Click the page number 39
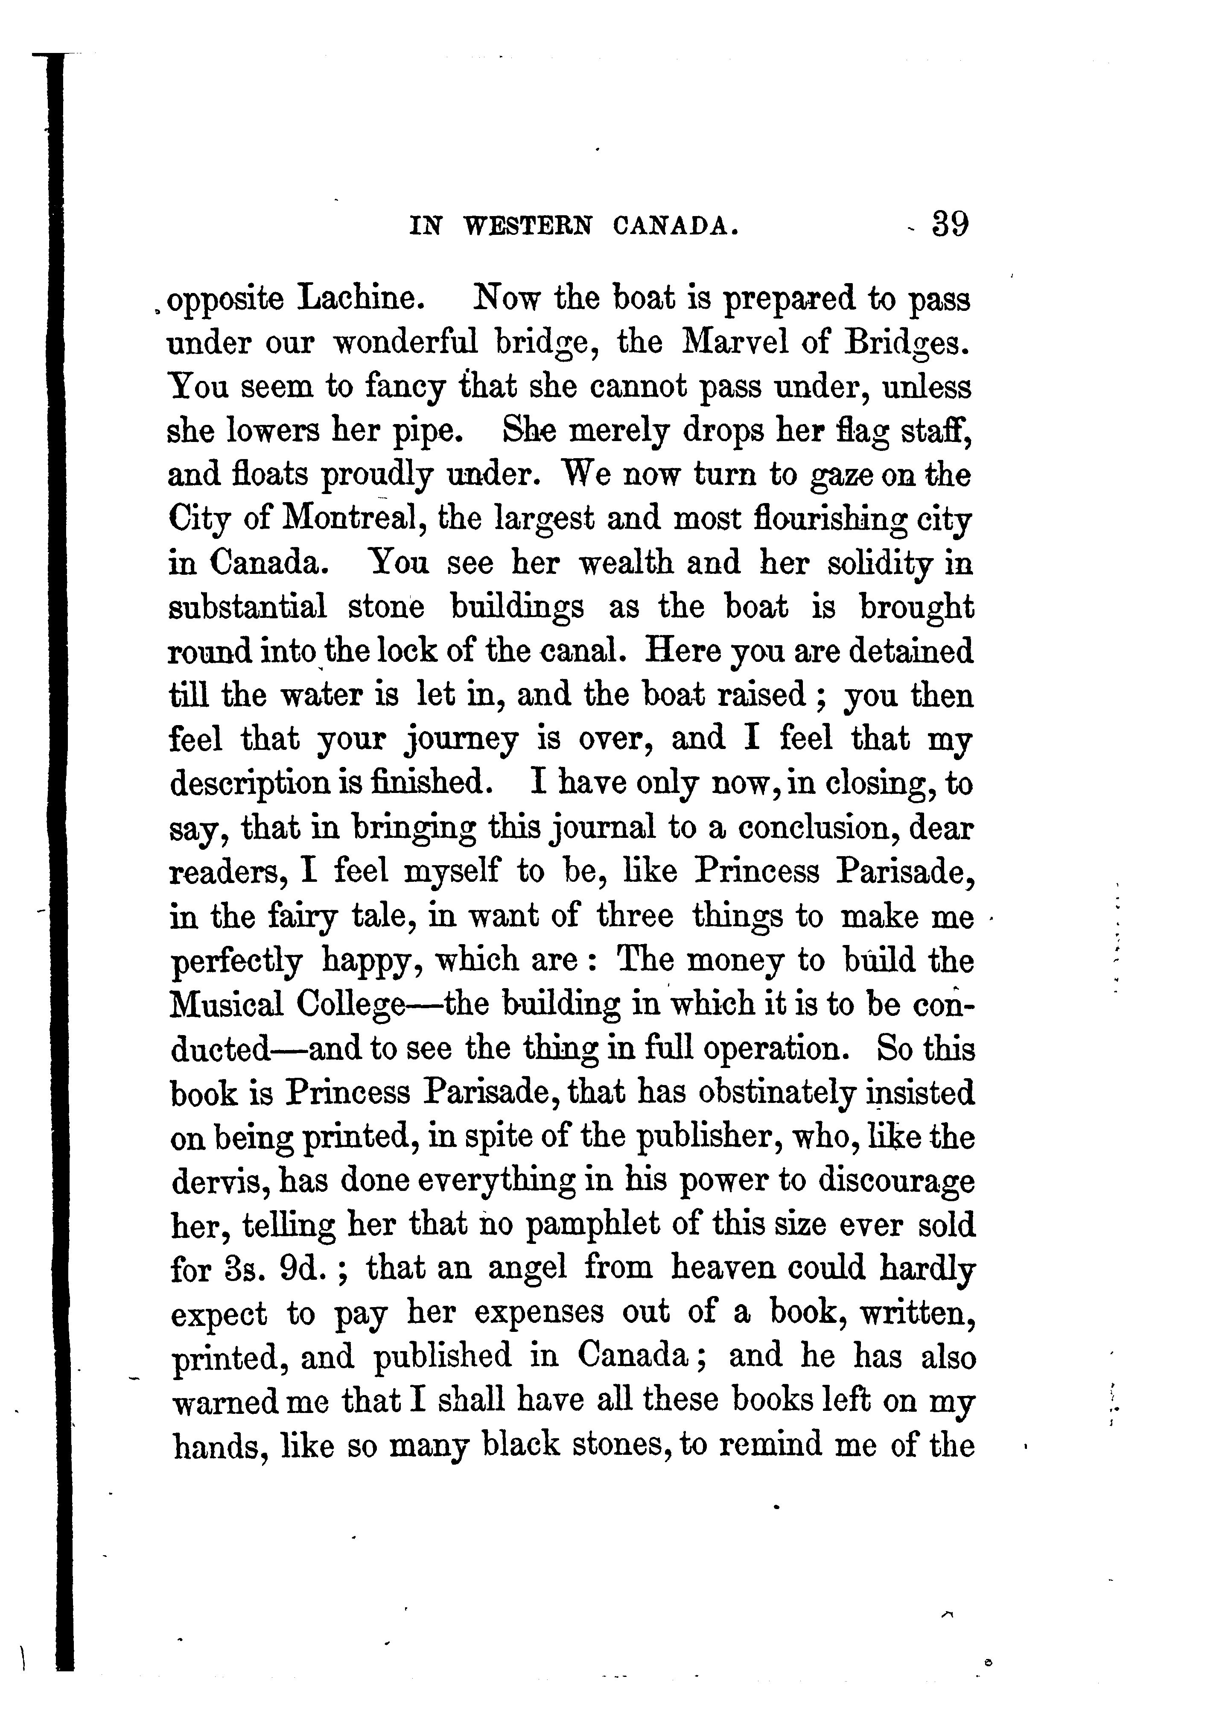950,225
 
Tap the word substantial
247,607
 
